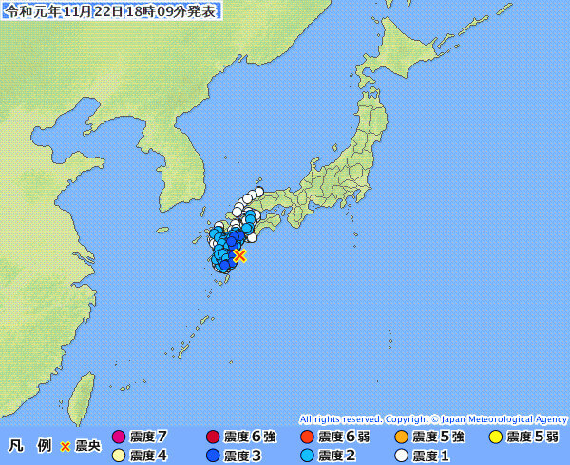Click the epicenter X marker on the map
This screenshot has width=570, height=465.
click(239, 255)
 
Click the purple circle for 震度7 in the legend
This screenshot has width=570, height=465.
click(119, 437)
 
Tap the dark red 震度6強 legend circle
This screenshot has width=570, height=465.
click(213, 437)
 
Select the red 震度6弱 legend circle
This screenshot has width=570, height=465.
click(307, 437)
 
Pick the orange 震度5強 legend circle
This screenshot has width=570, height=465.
click(401, 437)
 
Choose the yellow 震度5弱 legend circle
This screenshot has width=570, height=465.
click(495, 437)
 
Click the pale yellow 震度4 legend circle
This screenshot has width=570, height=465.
click(119, 456)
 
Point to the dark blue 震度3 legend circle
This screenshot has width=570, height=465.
click(213, 456)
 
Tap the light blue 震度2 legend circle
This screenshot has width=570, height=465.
click(307, 456)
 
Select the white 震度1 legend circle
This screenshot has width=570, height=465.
click(401, 456)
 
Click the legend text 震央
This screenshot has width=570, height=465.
click(86, 445)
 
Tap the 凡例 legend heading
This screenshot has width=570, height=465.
click(29, 445)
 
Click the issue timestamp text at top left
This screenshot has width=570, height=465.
click(112, 10)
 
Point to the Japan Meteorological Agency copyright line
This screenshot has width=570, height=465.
click(433, 418)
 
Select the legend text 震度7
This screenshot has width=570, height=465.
click(148, 437)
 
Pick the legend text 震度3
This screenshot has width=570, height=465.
click(242, 456)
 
